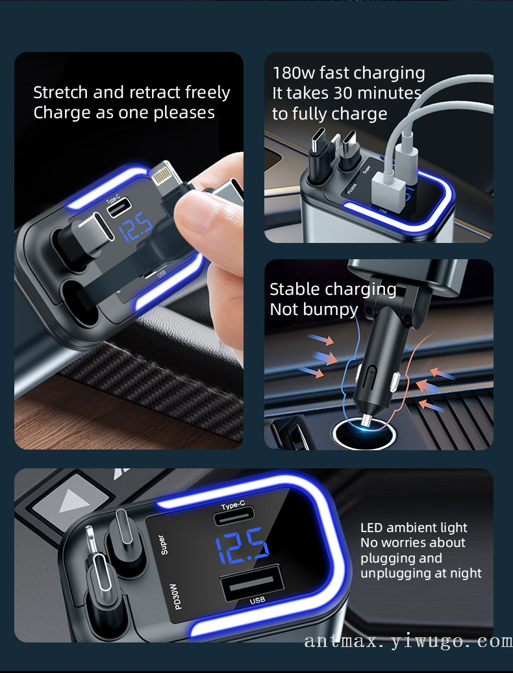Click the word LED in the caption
coord(371,527)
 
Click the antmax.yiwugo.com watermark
coord(408,641)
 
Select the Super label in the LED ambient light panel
coord(162,544)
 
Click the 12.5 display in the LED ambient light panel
coord(242,545)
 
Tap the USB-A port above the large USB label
coord(251,583)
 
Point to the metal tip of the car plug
coord(366,421)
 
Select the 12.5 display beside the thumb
coord(135,227)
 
